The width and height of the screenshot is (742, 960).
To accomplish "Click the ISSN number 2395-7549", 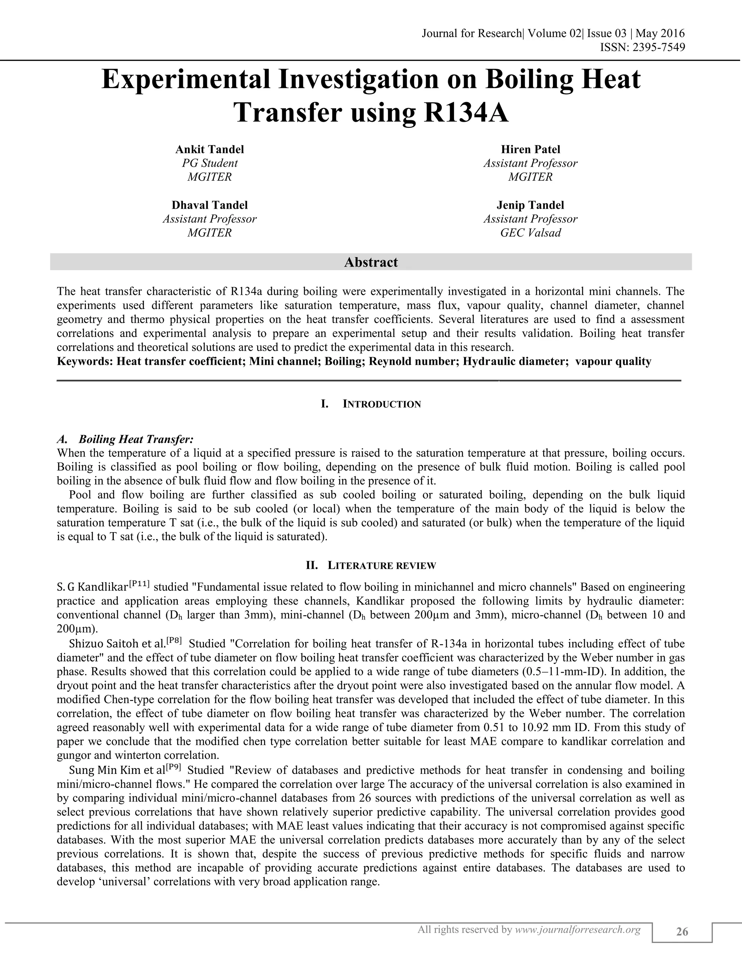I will pyautogui.click(x=658, y=47).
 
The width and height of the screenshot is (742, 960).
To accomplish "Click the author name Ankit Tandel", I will pyautogui.click(x=210, y=150).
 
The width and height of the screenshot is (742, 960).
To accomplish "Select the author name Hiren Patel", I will pyautogui.click(x=530, y=150).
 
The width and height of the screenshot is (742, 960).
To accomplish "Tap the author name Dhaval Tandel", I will pyautogui.click(x=210, y=205).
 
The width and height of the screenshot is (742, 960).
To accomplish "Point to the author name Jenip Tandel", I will pyautogui.click(x=530, y=205).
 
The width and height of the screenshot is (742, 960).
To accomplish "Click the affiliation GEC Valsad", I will pyautogui.click(x=530, y=233).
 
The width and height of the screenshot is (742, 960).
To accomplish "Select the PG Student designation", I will pyautogui.click(x=210, y=163).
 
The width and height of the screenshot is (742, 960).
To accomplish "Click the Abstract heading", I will pyautogui.click(x=371, y=262).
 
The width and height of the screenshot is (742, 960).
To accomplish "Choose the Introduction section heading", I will pyautogui.click(x=382, y=404).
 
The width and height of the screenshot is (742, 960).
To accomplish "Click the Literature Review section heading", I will pyautogui.click(x=382, y=566).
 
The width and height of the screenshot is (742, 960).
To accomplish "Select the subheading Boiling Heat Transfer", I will pyautogui.click(x=136, y=439).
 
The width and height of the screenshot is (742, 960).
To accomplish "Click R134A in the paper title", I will pyautogui.click(x=466, y=113).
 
